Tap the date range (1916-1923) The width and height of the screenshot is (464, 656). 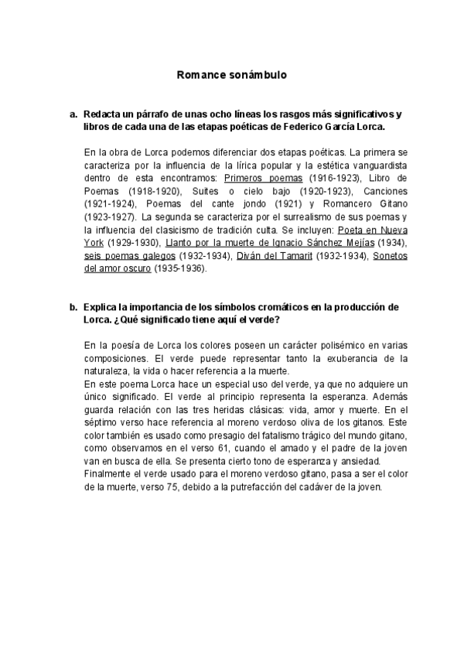[329, 177]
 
